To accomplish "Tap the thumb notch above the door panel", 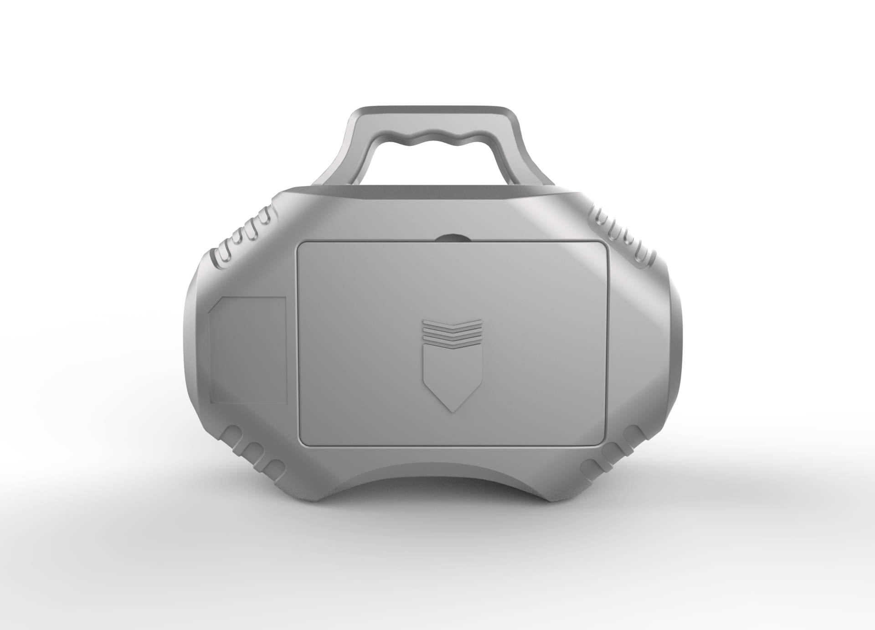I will pos(452,238).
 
